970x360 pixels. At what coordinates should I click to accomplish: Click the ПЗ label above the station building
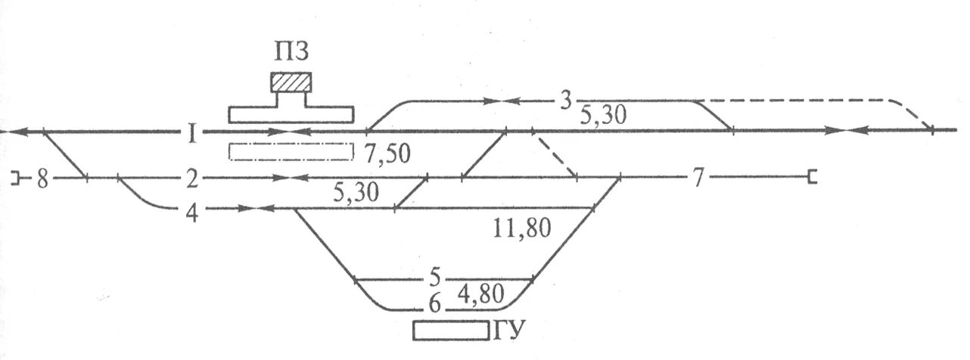pyautogui.click(x=291, y=53)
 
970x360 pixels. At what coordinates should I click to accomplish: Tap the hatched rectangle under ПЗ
pyautogui.click(x=291, y=82)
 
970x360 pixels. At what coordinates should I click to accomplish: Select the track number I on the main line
pyautogui.click(x=193, y=135)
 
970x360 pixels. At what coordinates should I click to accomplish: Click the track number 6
pyautogui.click(x=434, y=304)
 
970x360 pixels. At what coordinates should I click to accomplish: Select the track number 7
pyautogui.click(x=698, y=179)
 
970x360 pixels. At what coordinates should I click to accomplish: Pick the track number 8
pyautogui.click(x=42, y=180)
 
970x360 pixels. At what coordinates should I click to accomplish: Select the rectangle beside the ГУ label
pyautogui.click(x=450, y=331)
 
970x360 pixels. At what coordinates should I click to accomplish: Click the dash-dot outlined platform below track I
pyautogui.click(x=291, y=152)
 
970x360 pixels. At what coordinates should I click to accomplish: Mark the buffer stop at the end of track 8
pyautogui.click(x=15, y=178)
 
